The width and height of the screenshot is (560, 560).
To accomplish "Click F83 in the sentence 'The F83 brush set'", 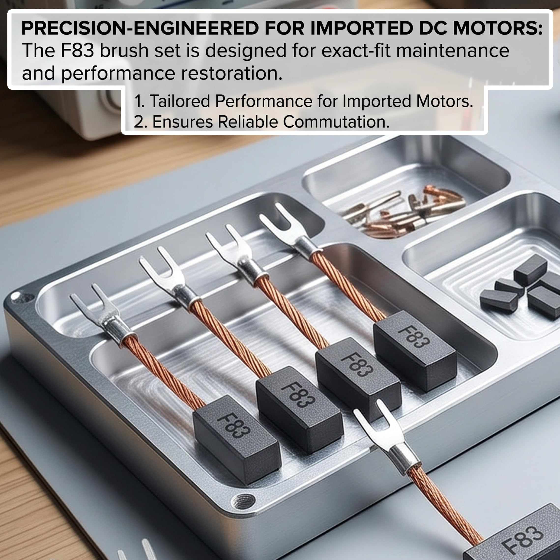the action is pyautogui.click(x=78, y=50).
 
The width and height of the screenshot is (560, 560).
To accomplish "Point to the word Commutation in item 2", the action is pyautogui.click(x=336, y=122).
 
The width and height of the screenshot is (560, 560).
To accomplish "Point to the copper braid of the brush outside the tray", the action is pyautogui.click(x=444, y=504).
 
